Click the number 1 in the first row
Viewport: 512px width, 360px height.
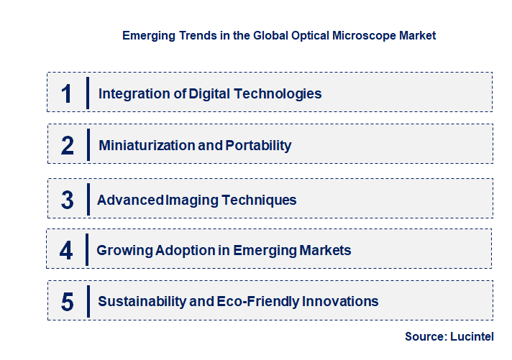(67, 93)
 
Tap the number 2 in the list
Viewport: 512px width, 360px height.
(68, 146)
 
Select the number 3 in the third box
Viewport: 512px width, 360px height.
(68, 200)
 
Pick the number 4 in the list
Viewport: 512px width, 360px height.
(67, 251)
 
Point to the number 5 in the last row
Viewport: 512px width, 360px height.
(68, 301)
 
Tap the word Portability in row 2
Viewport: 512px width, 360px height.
(258, 146)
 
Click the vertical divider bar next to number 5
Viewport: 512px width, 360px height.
(87, 300)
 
